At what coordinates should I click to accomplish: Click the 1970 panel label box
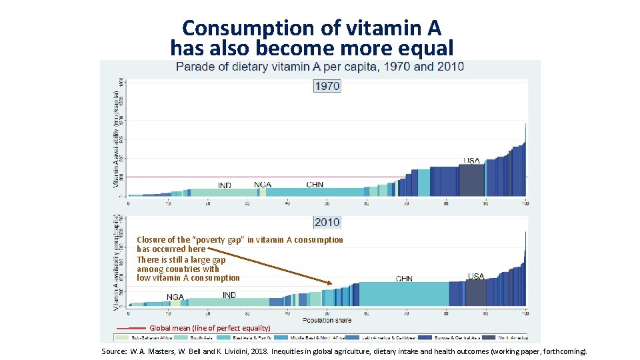point(327,86)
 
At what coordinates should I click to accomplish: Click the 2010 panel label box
point(327,222)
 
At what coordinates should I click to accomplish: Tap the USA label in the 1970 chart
point(471,161)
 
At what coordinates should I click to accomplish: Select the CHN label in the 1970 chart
point(315,185)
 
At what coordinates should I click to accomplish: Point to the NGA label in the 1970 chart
point(263,185)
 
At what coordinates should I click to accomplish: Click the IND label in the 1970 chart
point(225,185)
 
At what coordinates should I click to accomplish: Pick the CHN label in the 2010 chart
point(404,279)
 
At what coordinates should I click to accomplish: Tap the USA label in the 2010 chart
point(476,276)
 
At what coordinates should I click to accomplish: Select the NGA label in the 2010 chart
point(175,297)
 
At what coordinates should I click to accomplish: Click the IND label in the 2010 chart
point(229,295)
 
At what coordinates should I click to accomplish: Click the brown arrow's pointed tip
point(331,285)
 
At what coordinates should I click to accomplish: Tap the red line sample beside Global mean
point(131,328)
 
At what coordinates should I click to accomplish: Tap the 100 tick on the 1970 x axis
point(525,203)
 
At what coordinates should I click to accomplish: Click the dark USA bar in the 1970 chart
point(471,181)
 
